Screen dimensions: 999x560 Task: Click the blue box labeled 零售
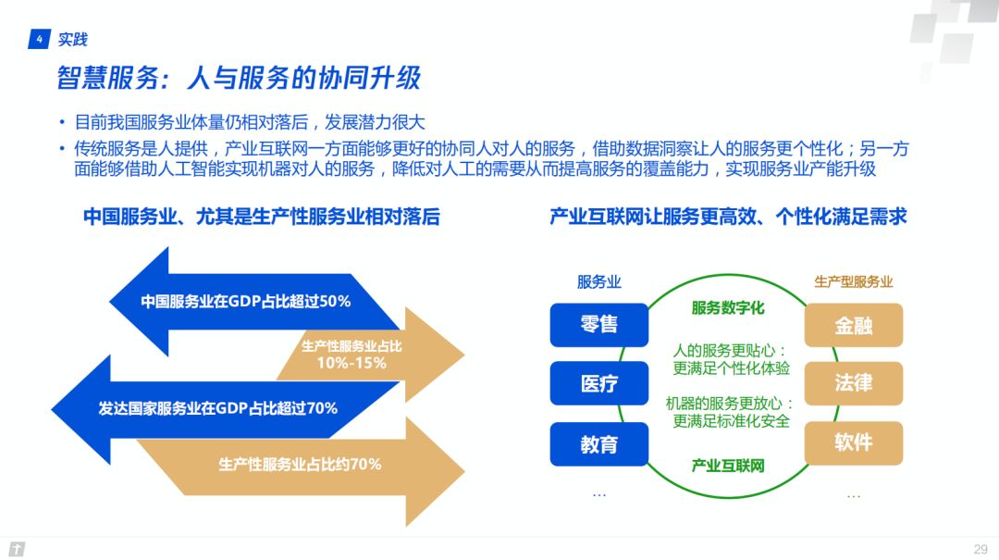tap(598, 325)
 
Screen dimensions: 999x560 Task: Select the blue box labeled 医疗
tap(598, 383)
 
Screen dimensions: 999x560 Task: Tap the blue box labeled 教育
tap(598, 444)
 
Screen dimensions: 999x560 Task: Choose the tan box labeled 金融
tap(854, 325)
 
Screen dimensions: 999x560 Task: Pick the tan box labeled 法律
tap(854, 383)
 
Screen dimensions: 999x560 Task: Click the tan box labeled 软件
tap(854, 442)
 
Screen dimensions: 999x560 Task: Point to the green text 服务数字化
tap(728, 308)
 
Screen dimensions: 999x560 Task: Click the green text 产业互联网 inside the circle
tap(728, 466)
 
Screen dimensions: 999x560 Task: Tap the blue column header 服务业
tap(598, 282)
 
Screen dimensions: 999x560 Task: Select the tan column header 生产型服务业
tap(854, 282)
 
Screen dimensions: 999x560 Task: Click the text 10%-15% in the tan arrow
tap(351, 363)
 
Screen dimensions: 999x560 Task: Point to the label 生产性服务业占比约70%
tap(300, 465)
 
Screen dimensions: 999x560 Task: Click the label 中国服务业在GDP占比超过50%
tap(246, 301)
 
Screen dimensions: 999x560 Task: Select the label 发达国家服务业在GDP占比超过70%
tap(218, 408)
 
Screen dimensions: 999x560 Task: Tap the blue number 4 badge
tap(40, 39)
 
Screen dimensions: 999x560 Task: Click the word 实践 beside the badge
tap(73, 40)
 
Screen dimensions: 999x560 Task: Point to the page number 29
tap(980, 549)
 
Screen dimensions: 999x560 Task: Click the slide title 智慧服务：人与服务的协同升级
tap(239, 78)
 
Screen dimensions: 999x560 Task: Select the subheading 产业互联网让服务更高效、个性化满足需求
tap(728, 217)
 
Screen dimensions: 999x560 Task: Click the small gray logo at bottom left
tap(18, 549)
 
